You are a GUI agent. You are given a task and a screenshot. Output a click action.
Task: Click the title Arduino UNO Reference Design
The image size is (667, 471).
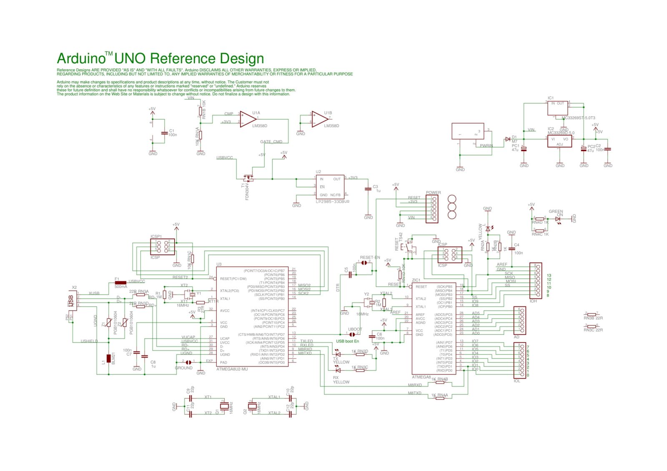(x=160, y=59)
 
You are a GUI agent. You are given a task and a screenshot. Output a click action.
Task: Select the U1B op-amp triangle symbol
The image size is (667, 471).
(x=319, y=119)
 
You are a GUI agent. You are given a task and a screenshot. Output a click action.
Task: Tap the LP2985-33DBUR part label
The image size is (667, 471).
(x=332, y=202)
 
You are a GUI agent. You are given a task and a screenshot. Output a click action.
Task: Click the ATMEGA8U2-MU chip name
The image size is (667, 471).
(x=232, y=369)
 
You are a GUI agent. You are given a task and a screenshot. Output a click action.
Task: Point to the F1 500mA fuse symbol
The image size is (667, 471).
(x=120, y=282)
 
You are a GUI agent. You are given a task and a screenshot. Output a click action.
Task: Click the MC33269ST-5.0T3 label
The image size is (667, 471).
(x=578, y=118)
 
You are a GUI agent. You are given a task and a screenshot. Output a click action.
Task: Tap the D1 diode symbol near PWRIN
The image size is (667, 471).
(x=507, y=139)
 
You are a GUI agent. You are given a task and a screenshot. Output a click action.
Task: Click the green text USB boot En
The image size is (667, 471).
(x=347, y=341)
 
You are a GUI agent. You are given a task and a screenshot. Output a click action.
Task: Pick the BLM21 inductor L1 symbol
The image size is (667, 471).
(x=109, y=358)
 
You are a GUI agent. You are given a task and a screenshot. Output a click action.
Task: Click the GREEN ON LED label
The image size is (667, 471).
(x=556, y=213)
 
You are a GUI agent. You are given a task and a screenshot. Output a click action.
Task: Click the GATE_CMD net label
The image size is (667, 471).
(x=271, y=142)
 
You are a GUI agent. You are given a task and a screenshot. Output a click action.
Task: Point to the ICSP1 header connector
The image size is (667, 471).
(x=163, y=246)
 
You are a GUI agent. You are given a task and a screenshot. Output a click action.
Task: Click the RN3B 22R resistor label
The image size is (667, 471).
(x=593, y=318)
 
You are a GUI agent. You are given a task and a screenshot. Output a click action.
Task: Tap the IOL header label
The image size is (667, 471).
(x=517, y=381)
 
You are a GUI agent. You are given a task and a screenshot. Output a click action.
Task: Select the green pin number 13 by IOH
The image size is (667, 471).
(x=549, y=275)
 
